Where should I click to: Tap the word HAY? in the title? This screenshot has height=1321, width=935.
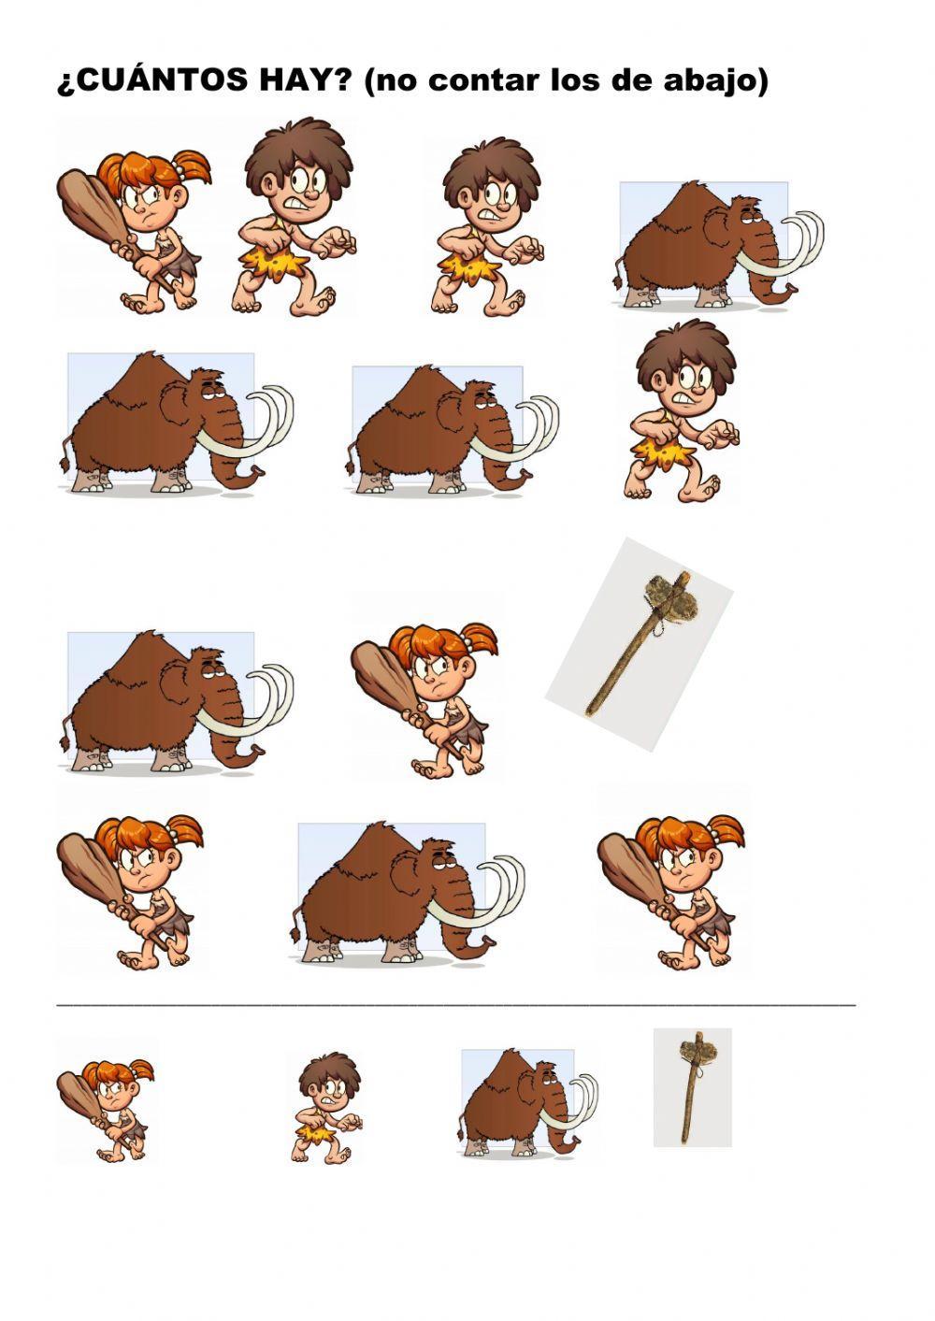309,80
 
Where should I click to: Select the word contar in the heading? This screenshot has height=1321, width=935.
479,80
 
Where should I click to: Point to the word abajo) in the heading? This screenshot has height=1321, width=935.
718,80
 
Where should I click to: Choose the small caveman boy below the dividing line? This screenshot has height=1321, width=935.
328,1110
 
